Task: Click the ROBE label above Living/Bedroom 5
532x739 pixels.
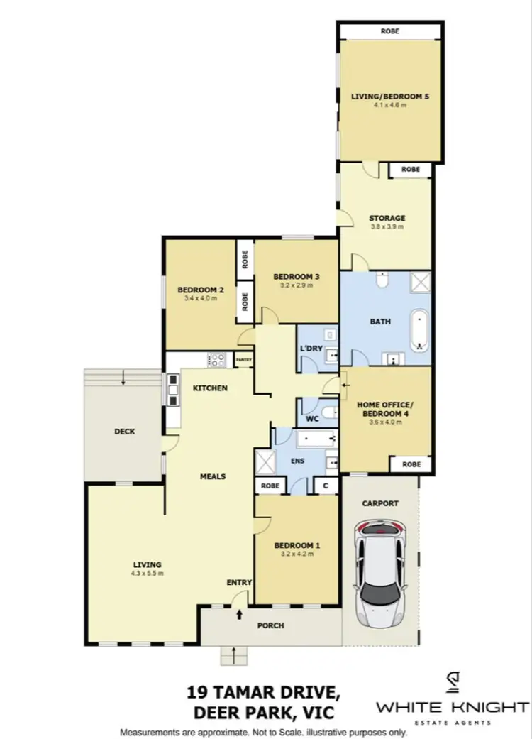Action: click(x=389, y=31)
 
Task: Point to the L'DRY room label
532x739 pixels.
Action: click(x=311, y=350)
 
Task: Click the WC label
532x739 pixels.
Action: click(x=311, y=420)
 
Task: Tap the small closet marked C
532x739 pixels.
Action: click(x=325, y=486)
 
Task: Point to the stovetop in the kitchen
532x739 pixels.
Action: click(x=216, y=361)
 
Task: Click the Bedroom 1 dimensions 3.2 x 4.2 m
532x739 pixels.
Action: click(x=297, y=554)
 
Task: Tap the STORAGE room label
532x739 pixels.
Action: click(x=387, y=218)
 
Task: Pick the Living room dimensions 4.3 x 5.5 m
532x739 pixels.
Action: click(x=146, y=573)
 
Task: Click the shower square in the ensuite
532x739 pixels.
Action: click(x=266, y=462)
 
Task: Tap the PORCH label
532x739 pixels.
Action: click(x=270, y=625)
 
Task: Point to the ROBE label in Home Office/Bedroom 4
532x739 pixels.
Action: click(x=411, y=464)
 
